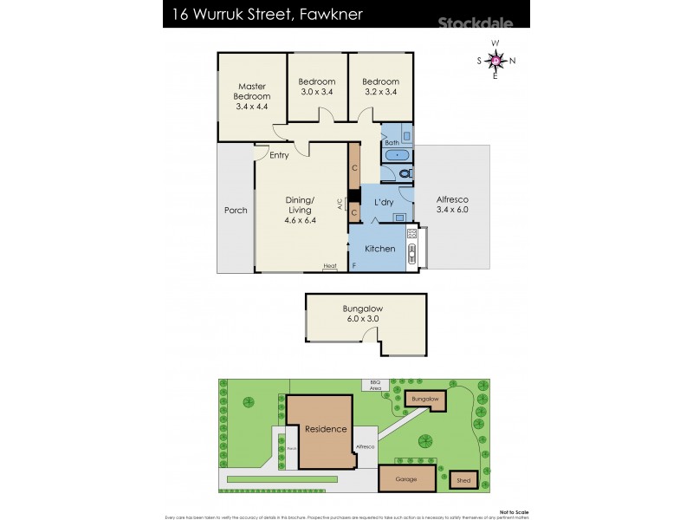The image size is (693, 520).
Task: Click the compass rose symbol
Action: (495, 60)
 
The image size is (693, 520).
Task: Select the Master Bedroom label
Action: (252, 96)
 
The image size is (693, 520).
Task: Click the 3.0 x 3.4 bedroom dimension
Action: (317, 92)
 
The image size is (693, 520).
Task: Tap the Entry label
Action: (279, 156)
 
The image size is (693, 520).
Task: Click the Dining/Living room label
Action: (301, 210)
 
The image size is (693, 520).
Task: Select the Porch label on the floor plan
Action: (236, 211)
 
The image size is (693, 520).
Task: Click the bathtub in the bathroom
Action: (397, 156)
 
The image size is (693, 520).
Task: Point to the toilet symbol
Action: (405, 173)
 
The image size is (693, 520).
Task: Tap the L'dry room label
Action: (384, 202)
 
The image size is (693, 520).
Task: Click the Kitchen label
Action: (379, 249)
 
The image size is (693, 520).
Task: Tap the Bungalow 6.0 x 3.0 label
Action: (362, 314)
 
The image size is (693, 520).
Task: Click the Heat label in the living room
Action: (330, 266)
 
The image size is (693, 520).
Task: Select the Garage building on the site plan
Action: (406, 479)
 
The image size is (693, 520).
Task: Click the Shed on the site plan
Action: (464, 479)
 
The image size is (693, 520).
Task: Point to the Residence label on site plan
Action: (325, 429)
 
